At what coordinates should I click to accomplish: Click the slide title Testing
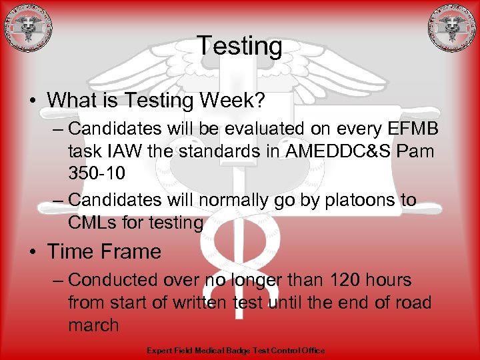point(239,46)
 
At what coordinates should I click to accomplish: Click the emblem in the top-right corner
point(452,28)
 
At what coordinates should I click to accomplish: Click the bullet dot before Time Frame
point(32,252)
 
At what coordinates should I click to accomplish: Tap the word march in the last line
point(93,326)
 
